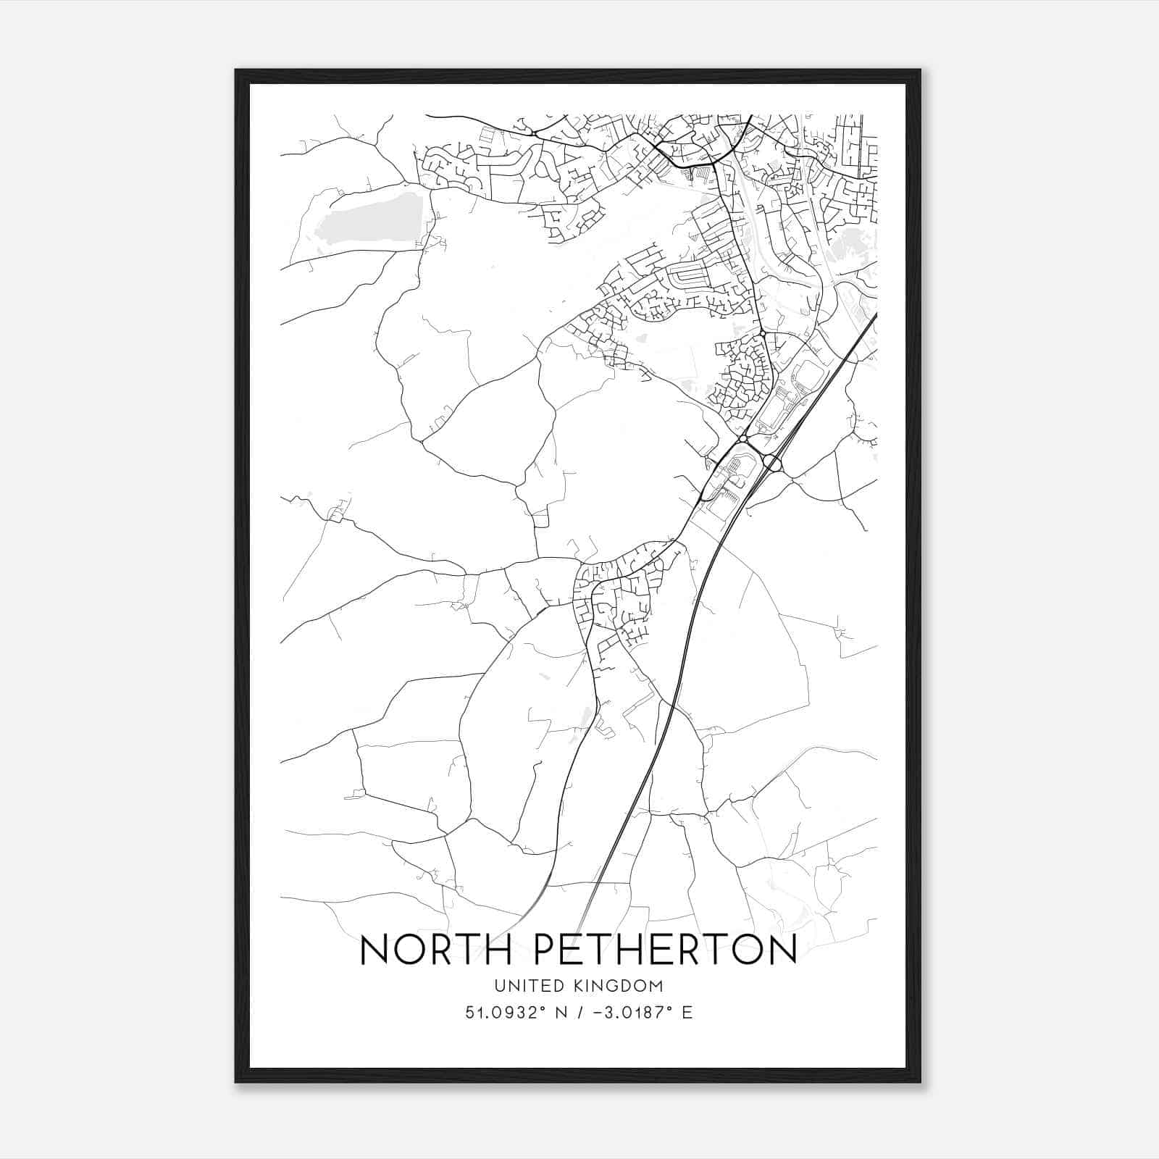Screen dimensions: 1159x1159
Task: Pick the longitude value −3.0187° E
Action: coord(637,1013)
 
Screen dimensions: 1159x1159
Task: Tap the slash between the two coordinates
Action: coord(576,1013)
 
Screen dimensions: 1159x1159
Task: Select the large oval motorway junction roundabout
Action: coord(772,461)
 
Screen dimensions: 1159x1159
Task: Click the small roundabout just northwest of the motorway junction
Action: coord(743,439)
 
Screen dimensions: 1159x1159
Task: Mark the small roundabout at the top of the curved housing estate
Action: coord(763,332)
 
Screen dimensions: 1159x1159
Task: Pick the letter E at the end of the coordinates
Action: coord(687,1013)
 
